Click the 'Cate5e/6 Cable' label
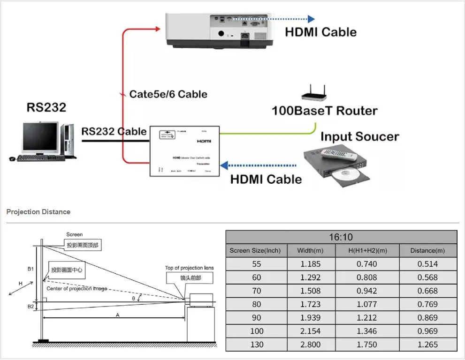coord(168,94)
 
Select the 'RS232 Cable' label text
coord(114,131)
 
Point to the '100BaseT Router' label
coord(324,111)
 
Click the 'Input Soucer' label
coord(359,137)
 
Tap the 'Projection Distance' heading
coord(38,212)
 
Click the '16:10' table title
coord(341,237)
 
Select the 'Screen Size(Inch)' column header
coord(255,251)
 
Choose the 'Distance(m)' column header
coord(427,251)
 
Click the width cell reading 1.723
coord(310,304)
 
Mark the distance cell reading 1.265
coord(427,345)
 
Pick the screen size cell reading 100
coord(256,331)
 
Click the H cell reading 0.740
coord(366,264)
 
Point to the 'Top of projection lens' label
coord(189,268)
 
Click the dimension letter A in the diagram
coord(117,316)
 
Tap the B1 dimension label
coord(30,269)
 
